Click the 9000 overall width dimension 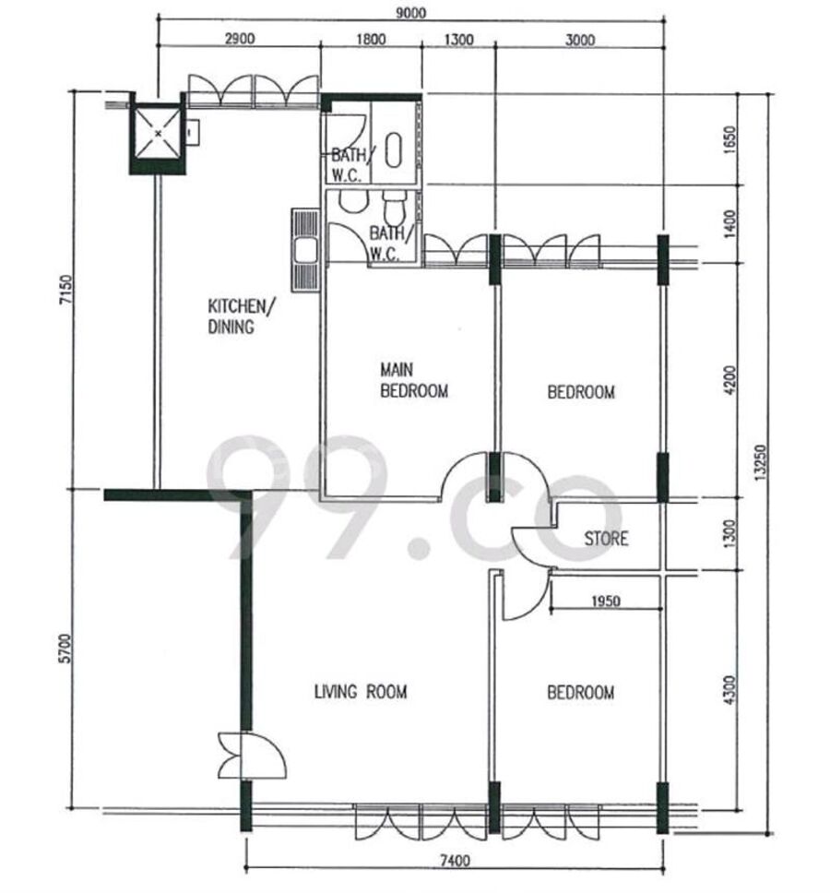tap(410, 12)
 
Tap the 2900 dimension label tap(240, 39)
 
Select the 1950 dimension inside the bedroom tap(606, 601)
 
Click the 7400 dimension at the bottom tap(456, 860)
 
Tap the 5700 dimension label tap(66, 649)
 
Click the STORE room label tap(606, 538)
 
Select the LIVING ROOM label tap(361, 691)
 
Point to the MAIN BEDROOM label tap(414, 380)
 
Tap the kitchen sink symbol tap(305, 250)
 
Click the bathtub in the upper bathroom tap(393, 150)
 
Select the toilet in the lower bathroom tap(394, 208)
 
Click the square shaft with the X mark tap(158, 134)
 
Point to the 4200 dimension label tap(731, 380)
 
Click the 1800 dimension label tap(371, 40)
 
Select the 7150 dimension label tap(66, 290)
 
